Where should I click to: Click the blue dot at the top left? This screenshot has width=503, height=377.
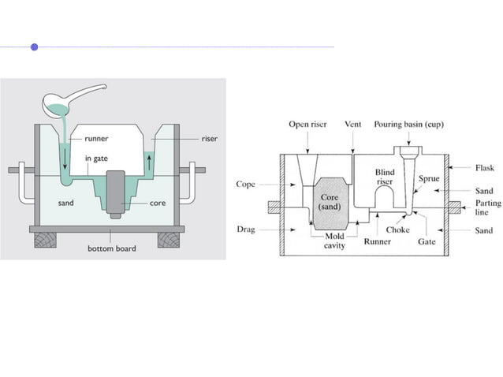point(34,47)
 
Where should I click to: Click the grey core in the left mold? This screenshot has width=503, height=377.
point(116,189)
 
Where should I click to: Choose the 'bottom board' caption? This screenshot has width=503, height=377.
point(111,248)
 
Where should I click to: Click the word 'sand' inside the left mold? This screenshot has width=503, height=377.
point(67,203)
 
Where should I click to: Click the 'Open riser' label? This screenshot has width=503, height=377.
point(307,125)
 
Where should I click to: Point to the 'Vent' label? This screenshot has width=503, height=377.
point(353,125)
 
